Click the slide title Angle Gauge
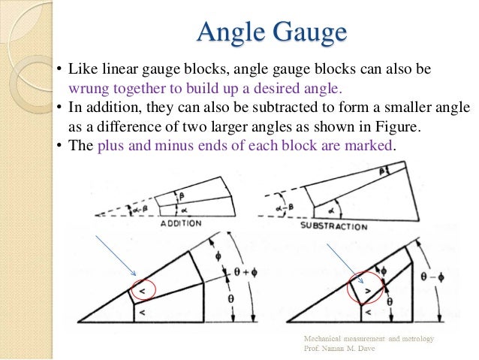271,32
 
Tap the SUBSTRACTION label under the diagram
333,225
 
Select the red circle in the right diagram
367,289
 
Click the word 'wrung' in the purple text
77,88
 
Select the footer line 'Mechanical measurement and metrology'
368,340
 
